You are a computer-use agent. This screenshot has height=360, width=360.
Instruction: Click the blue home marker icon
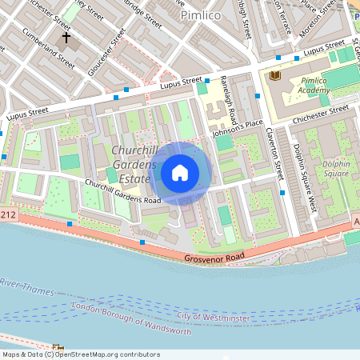(180, 172)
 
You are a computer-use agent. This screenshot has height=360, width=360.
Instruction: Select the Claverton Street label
(279, 156)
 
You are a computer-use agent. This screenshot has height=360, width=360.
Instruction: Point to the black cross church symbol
(66, 37)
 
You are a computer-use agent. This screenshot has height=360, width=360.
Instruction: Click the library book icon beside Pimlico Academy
(276, 75)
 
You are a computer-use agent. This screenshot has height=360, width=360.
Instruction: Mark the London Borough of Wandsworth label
(131, 319)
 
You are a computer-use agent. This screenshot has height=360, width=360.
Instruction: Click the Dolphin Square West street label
(305, 178)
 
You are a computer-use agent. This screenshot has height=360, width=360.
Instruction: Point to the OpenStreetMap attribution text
(80, 354)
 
